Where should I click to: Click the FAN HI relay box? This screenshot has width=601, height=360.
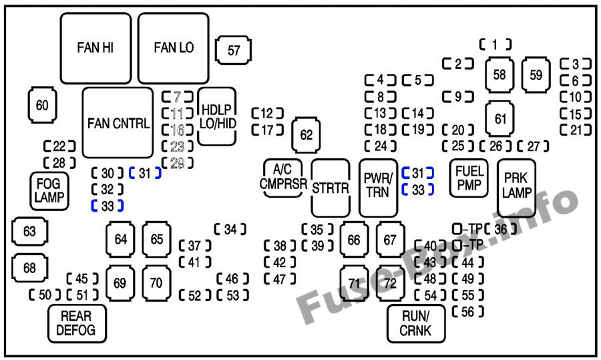coord(95,47)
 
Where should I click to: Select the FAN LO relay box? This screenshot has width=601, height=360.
coord(174,47)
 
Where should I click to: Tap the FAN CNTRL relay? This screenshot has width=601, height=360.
coord(118,124)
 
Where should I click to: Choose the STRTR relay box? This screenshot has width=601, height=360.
coord(331,188)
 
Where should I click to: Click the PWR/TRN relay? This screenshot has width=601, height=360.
coord(378,188)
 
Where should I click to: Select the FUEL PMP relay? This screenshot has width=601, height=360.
coord(469,178)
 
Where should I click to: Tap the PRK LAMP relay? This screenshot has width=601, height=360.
coord(517,188)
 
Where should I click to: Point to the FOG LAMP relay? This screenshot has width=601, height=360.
coord(49,190)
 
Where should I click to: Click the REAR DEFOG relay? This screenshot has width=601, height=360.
coord(76,323)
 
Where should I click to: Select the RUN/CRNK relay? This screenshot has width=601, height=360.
coord(416,323)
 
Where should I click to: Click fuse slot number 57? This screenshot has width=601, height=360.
coord(233,50)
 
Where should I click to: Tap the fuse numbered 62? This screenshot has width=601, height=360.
coord(306,135)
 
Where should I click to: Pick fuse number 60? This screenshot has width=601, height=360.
coord(42,105)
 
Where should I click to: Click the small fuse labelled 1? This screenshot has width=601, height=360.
coord(495,45)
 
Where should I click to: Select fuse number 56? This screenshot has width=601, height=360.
coord(467,311)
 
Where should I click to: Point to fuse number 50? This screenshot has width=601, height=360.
coord(45,295)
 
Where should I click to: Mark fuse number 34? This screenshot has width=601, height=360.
coord(230,229)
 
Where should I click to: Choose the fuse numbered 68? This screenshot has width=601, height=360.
coord(29,268)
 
